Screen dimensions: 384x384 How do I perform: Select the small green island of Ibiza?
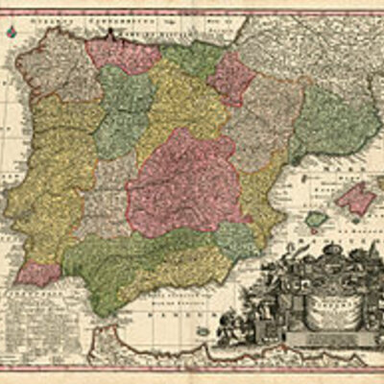(x=315, y=220)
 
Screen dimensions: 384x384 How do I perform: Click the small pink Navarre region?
(x=232, y=77)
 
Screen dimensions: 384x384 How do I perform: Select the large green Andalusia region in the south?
(x=144, y=264)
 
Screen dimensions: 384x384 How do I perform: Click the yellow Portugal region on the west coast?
(x=43, y=192)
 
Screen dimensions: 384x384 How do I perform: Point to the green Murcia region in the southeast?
(x=235, y=240)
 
